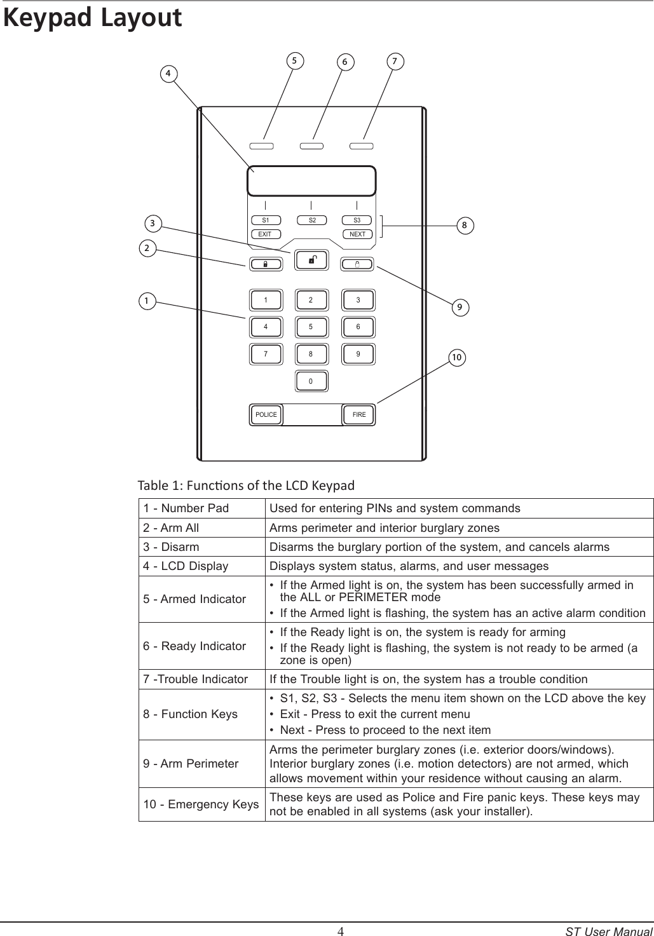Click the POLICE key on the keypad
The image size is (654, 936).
(x=266, y=415)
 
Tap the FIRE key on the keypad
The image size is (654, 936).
(x=359, y=415)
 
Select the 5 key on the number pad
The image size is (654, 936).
(x=311, y=327)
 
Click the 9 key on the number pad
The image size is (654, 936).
(x=358, y=354)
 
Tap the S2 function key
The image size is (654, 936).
(x=311, y=220)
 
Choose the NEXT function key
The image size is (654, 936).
(x=358, y=234)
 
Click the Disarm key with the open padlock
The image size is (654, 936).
(x=311, y=259)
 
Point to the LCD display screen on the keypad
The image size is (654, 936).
(x=311, y=181)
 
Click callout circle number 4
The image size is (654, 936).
(x=168, y=73)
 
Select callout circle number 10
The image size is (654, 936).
(x=456, y=358)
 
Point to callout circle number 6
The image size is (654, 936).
(x=344, y=62)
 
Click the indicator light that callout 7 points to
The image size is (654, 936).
(x=362, y=146)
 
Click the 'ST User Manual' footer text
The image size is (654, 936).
(x=609, y=932)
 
